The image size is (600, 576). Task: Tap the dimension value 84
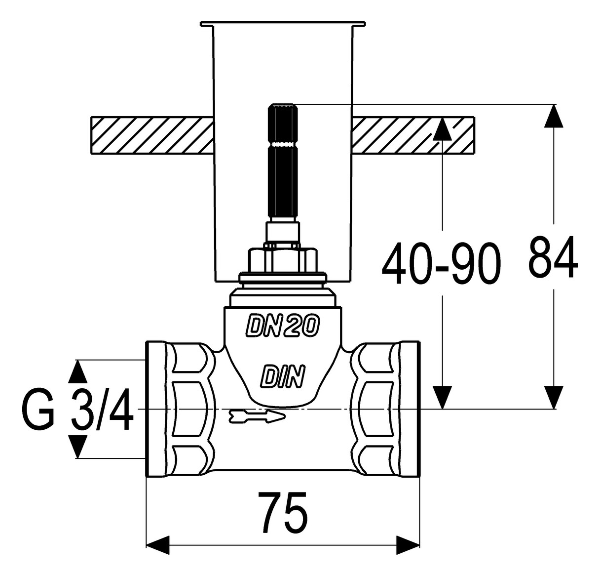553,257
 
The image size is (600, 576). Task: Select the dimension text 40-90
441,262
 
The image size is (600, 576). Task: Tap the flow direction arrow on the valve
258,417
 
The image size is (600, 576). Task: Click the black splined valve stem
283,162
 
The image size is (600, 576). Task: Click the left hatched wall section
152,135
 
